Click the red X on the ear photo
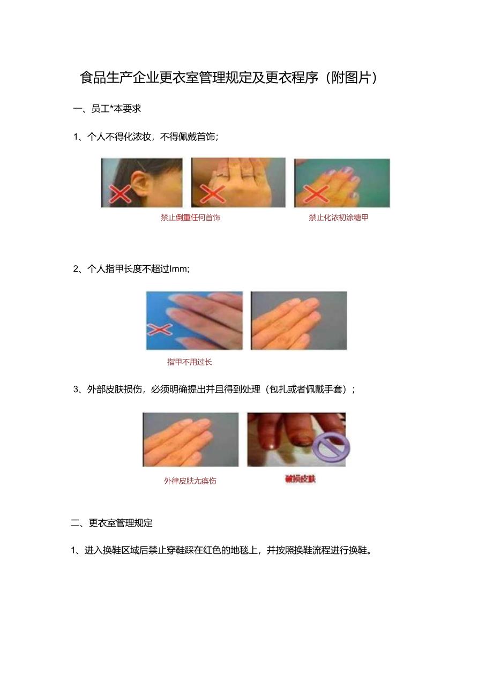(119, 193)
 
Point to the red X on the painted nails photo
(315, 194)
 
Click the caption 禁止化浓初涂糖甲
(339, 218)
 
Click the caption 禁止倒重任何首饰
(190, 218)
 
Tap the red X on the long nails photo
(160, 330)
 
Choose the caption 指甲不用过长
(190, 362)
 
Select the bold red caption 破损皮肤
(301, 479)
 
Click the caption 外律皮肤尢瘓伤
(190, 481)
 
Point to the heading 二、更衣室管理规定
(112, 523)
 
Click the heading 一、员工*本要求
(107, 109)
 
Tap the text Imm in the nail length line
(179, 269)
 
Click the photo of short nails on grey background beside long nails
(298, 320)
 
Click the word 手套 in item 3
(335, 389)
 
